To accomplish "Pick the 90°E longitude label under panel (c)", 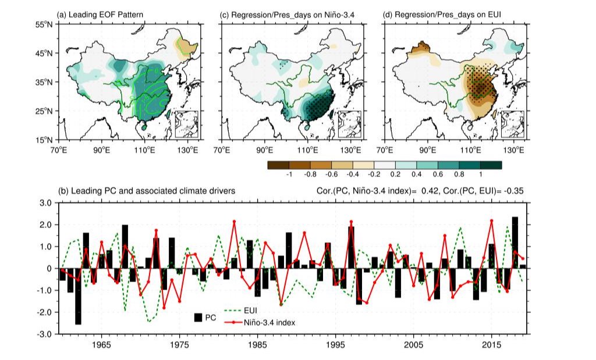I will point(265,149).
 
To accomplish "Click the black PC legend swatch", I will point(198,317).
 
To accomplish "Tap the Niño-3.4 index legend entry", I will point(265,322).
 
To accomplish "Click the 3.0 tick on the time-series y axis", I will point(45,203).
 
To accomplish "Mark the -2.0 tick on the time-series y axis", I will point(44,312).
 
